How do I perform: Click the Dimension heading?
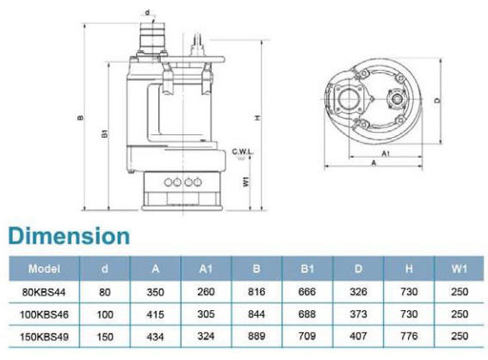pos(69,236)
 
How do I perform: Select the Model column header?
pos(44,269)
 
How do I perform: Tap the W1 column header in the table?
pos(460,269)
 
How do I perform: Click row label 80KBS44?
pos(44,292)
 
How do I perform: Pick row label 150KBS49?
pos(44,337)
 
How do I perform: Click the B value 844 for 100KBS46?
pos(256,313)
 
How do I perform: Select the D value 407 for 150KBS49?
pos(358,336)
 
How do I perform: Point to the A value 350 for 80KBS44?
pos(155,292)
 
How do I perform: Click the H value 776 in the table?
pos(409,336)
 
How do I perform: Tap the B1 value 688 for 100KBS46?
pos(307,313)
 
